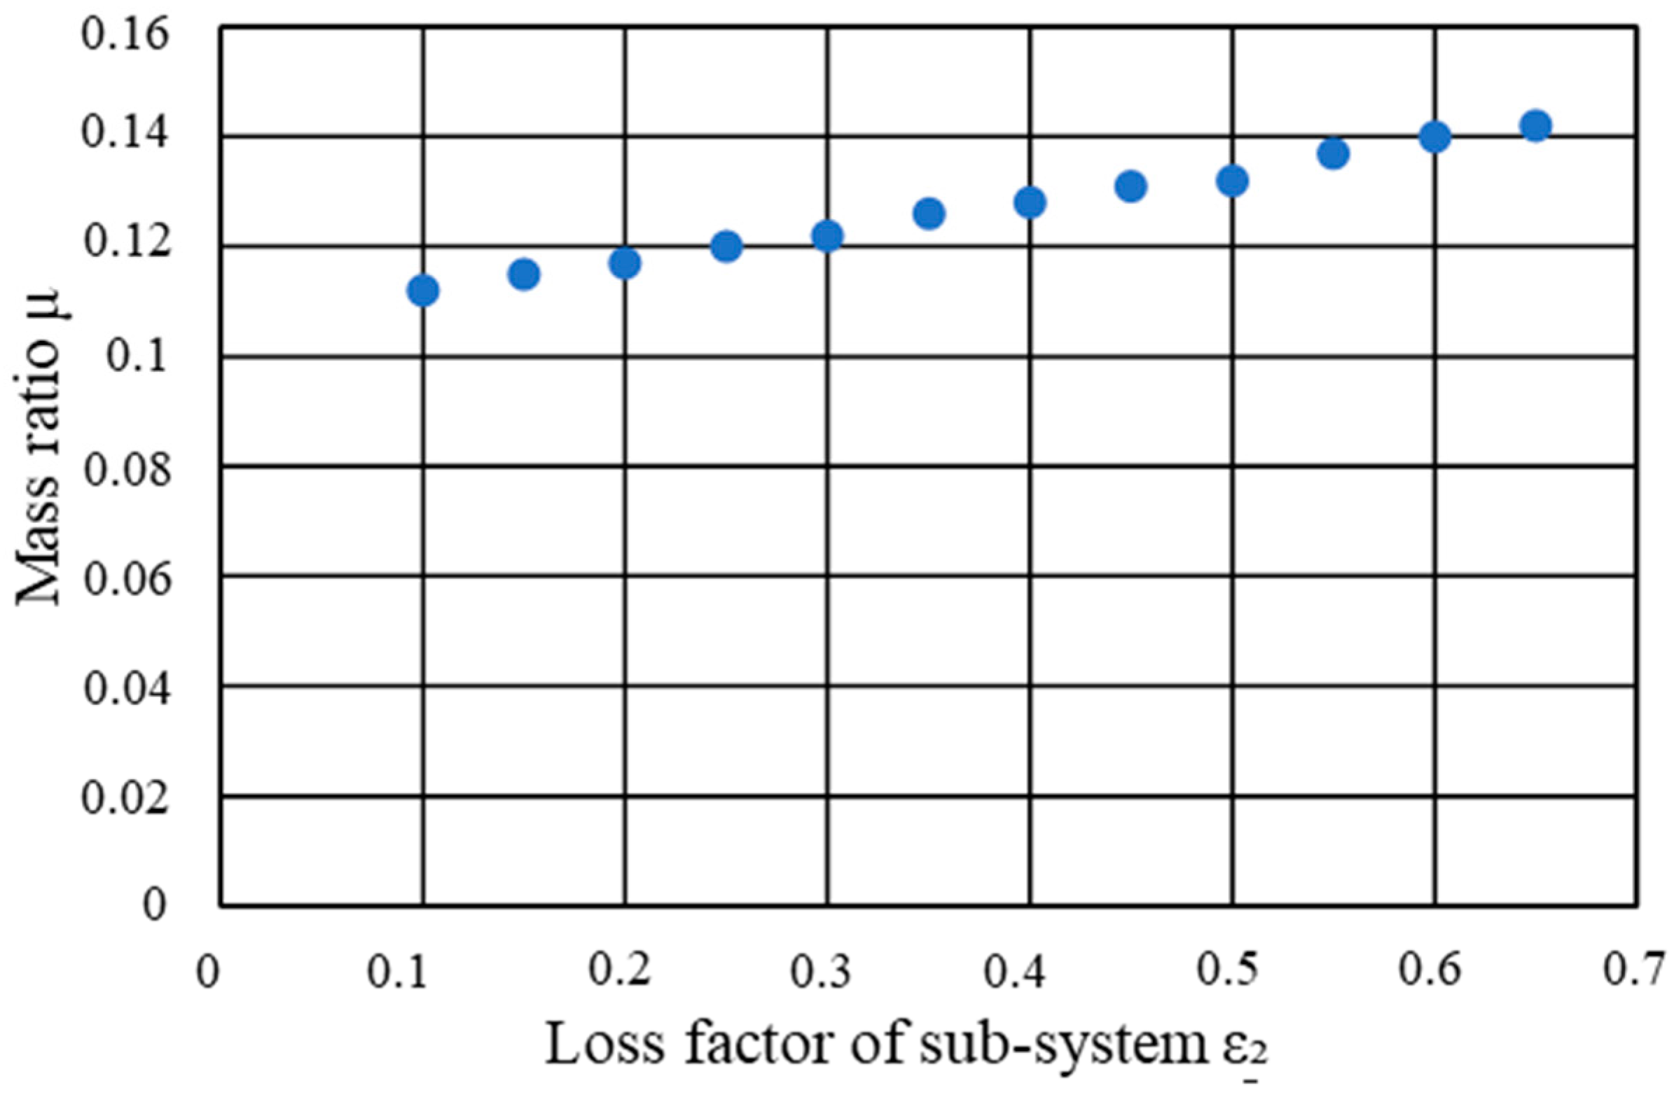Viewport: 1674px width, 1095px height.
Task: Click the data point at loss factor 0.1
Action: [x=423, y=291]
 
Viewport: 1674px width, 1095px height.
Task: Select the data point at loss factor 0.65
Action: [x=1536, y=126]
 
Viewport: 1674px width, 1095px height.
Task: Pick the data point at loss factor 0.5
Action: [x=1232, y=181]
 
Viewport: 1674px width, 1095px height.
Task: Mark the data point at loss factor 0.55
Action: [x=1334, y=153]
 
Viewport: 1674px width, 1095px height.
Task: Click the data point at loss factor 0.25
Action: [x=726, y=246]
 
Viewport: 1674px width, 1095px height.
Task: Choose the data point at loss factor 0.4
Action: [x=1030, y=203]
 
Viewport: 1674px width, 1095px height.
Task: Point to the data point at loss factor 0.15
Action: [x=524, y=274]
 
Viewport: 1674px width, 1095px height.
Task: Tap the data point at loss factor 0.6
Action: [x=1435, y=137]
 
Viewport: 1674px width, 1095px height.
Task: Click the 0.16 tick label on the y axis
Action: [x=126, y=35]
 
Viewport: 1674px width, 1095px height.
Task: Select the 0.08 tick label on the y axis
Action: [x=127, y=470]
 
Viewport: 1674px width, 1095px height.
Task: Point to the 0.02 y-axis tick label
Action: [x=126, y=798]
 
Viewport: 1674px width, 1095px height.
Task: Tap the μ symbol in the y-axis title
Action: [x=43, y=304]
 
